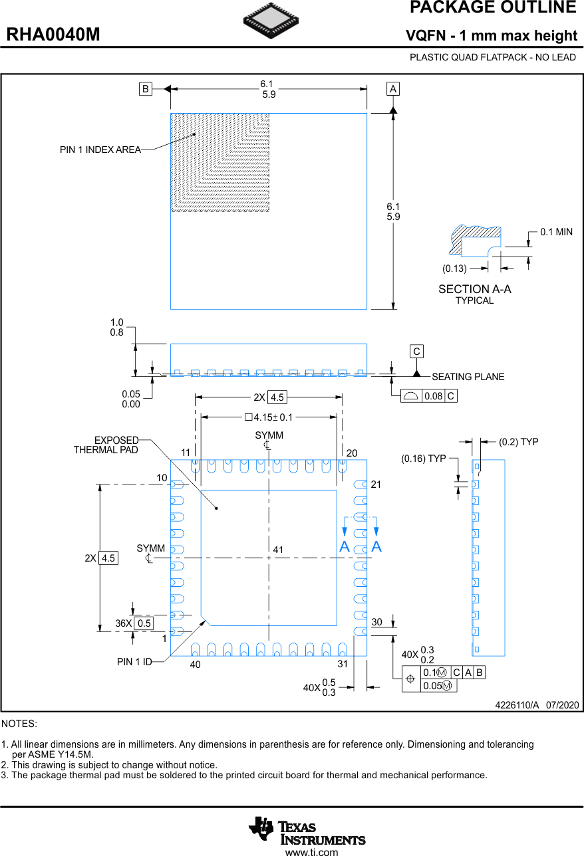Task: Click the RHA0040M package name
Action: (53, 35)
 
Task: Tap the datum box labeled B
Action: (145, 88)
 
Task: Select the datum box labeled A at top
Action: (393, 88)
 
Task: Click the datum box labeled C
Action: (416, 352)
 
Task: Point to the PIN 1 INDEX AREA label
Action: (100, 150)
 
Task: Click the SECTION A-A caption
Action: (474, 289)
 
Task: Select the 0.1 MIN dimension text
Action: (556, 232)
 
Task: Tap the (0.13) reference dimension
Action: (454, 268)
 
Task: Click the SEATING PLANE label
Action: (468, 377)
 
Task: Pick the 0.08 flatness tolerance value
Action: (433, 396)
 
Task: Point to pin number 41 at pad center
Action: (278, 550)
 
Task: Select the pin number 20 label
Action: (352, 453)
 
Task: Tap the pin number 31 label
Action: (343, 664)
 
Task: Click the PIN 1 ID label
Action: (134, 662)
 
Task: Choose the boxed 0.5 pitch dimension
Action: (144, 623)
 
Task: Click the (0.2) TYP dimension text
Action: (518, 442)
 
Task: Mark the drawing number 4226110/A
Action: (517, 705)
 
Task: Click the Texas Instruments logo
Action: (307, 831)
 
